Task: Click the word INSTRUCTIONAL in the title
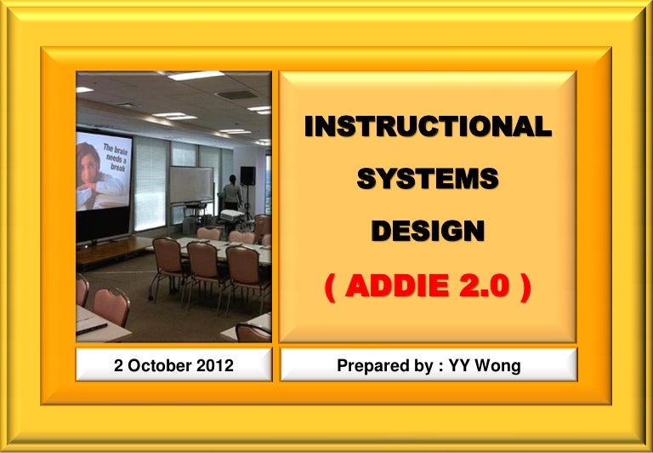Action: click(x=429, y=126)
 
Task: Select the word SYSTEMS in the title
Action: click(x=428, y=179)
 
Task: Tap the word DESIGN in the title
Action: click(x=428, y=231)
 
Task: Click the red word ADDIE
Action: click(x=397, y=286)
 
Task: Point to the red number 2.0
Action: click(x=485, y=286)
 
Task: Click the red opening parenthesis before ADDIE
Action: click(x=330, y=288)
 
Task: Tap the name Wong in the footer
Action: click(x=497, y=366)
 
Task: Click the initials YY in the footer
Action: click(x=459, y=365)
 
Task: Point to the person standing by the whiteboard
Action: click(x=232, y=192)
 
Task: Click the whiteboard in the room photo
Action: click(x=191, y=184)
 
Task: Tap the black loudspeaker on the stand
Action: click(x=247, y=175)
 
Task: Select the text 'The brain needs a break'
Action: click(x=116, y=158)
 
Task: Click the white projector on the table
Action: click(x=232, y=215)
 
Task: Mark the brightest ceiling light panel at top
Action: click(x=196, y=76)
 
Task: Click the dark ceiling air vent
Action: click(x=236, y=95)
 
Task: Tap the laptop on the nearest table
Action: click(x=91, y=326)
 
